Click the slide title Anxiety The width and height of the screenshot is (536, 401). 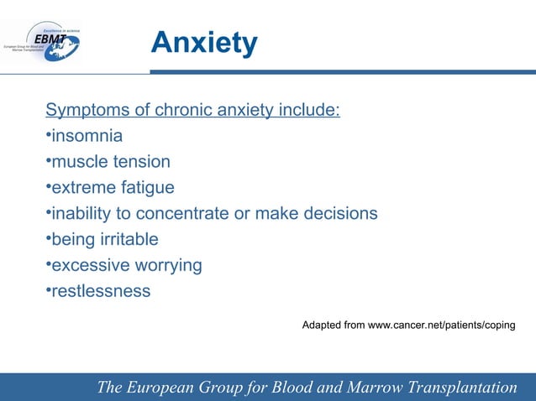coord(204,43)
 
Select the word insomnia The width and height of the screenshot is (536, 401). coord(87,136)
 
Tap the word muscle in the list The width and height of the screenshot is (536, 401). coord(80,162)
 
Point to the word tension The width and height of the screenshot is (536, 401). coord(140,162)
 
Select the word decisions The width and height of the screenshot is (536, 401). coord(340,214)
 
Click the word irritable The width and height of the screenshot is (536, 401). coord(128,240)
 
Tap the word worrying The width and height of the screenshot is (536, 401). coord(167,266)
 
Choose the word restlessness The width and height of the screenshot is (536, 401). coord(101,292)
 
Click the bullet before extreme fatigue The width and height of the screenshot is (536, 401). coord(48,188)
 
